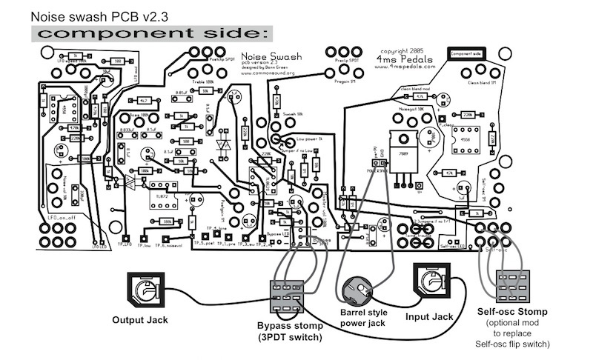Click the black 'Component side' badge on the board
coord(466,54)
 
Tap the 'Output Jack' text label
coord(139,320)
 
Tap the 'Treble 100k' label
coord(203,84)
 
